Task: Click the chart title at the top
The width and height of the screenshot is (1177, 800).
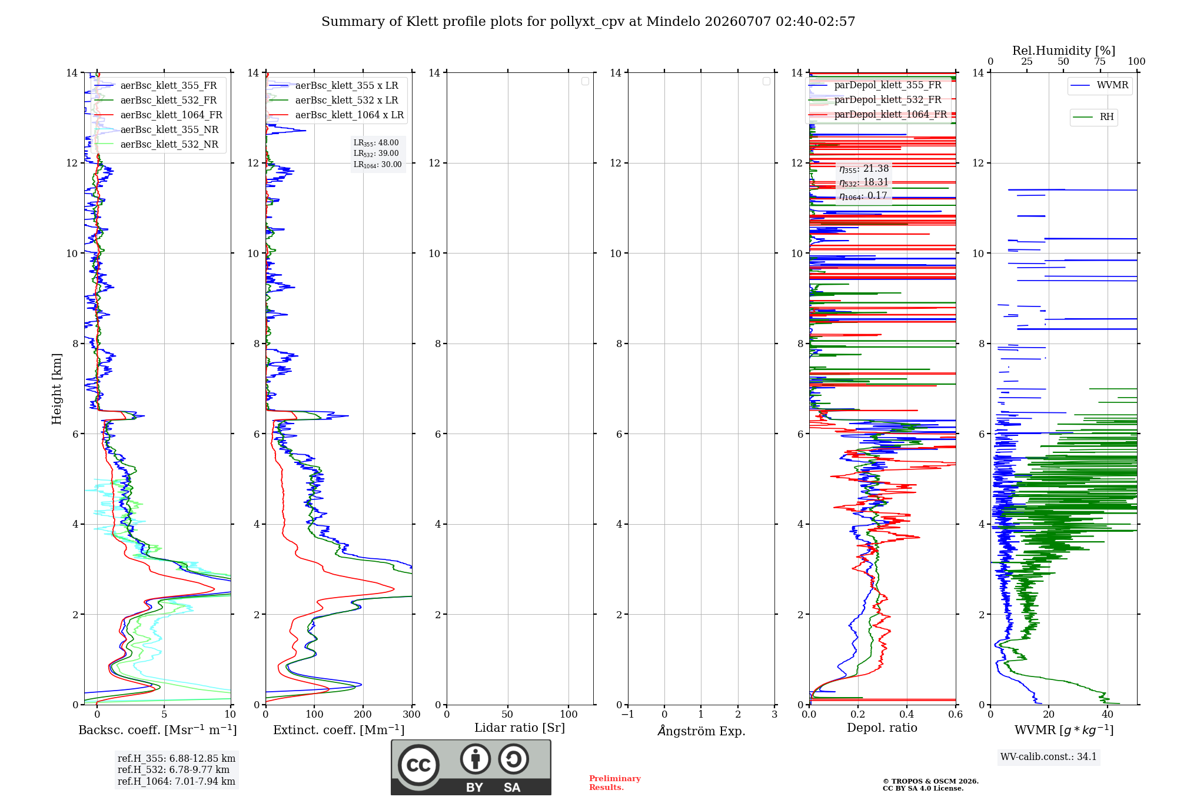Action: pyautogui.click(x=588, y=22)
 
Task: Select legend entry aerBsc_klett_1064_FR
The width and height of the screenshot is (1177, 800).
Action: pyautogui.click(x=171, y=115)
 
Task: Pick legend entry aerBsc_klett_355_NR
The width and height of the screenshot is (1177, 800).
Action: pyautogui.click(x=169, y=129)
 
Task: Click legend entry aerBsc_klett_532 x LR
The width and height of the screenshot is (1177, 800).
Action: pyautogui.click(x=347, y=100)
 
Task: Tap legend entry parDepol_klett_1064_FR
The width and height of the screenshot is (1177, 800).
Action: pyautogui.click(x=890, y=114)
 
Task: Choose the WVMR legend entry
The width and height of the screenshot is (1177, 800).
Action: pyautogui.click(x=1112, y=85)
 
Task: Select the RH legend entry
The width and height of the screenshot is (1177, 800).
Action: pyautogui.click(x=1106, y=117)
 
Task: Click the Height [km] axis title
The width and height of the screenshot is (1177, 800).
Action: pyautogui.click(x=56, y=389)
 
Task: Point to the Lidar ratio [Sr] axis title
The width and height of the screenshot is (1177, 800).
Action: pyautogui.click(x=520, y=728)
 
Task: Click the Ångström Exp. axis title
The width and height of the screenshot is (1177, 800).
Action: pyautogui.click(x=701, y=731)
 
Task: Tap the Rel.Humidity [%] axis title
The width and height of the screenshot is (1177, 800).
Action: pyautogui.click(x=1063, y=51)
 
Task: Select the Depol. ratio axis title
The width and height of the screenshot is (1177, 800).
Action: pyautogui.click(x=882, y=728)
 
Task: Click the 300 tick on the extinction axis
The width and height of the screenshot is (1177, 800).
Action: pyautogui.click(x=412, y=714)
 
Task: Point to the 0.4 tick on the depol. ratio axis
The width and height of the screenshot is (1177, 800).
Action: pyautogui.click(x=907, y=714)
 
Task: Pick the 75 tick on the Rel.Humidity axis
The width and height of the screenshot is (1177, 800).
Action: pyautogui.click(x=1100, y=61)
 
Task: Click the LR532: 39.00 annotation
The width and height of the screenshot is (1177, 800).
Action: pyautogui.click(x=376, y=154)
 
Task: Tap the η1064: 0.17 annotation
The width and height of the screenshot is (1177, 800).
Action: pyautogui.click(x=863, y=196)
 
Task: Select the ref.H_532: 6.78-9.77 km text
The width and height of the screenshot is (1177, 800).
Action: pyautogui.click(x=174, y=769)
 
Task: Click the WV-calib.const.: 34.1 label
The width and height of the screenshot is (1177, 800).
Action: pyautogui.click(x=1049, y=756)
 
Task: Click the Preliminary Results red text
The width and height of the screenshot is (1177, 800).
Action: pyautogui.click(x=615, y=783)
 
